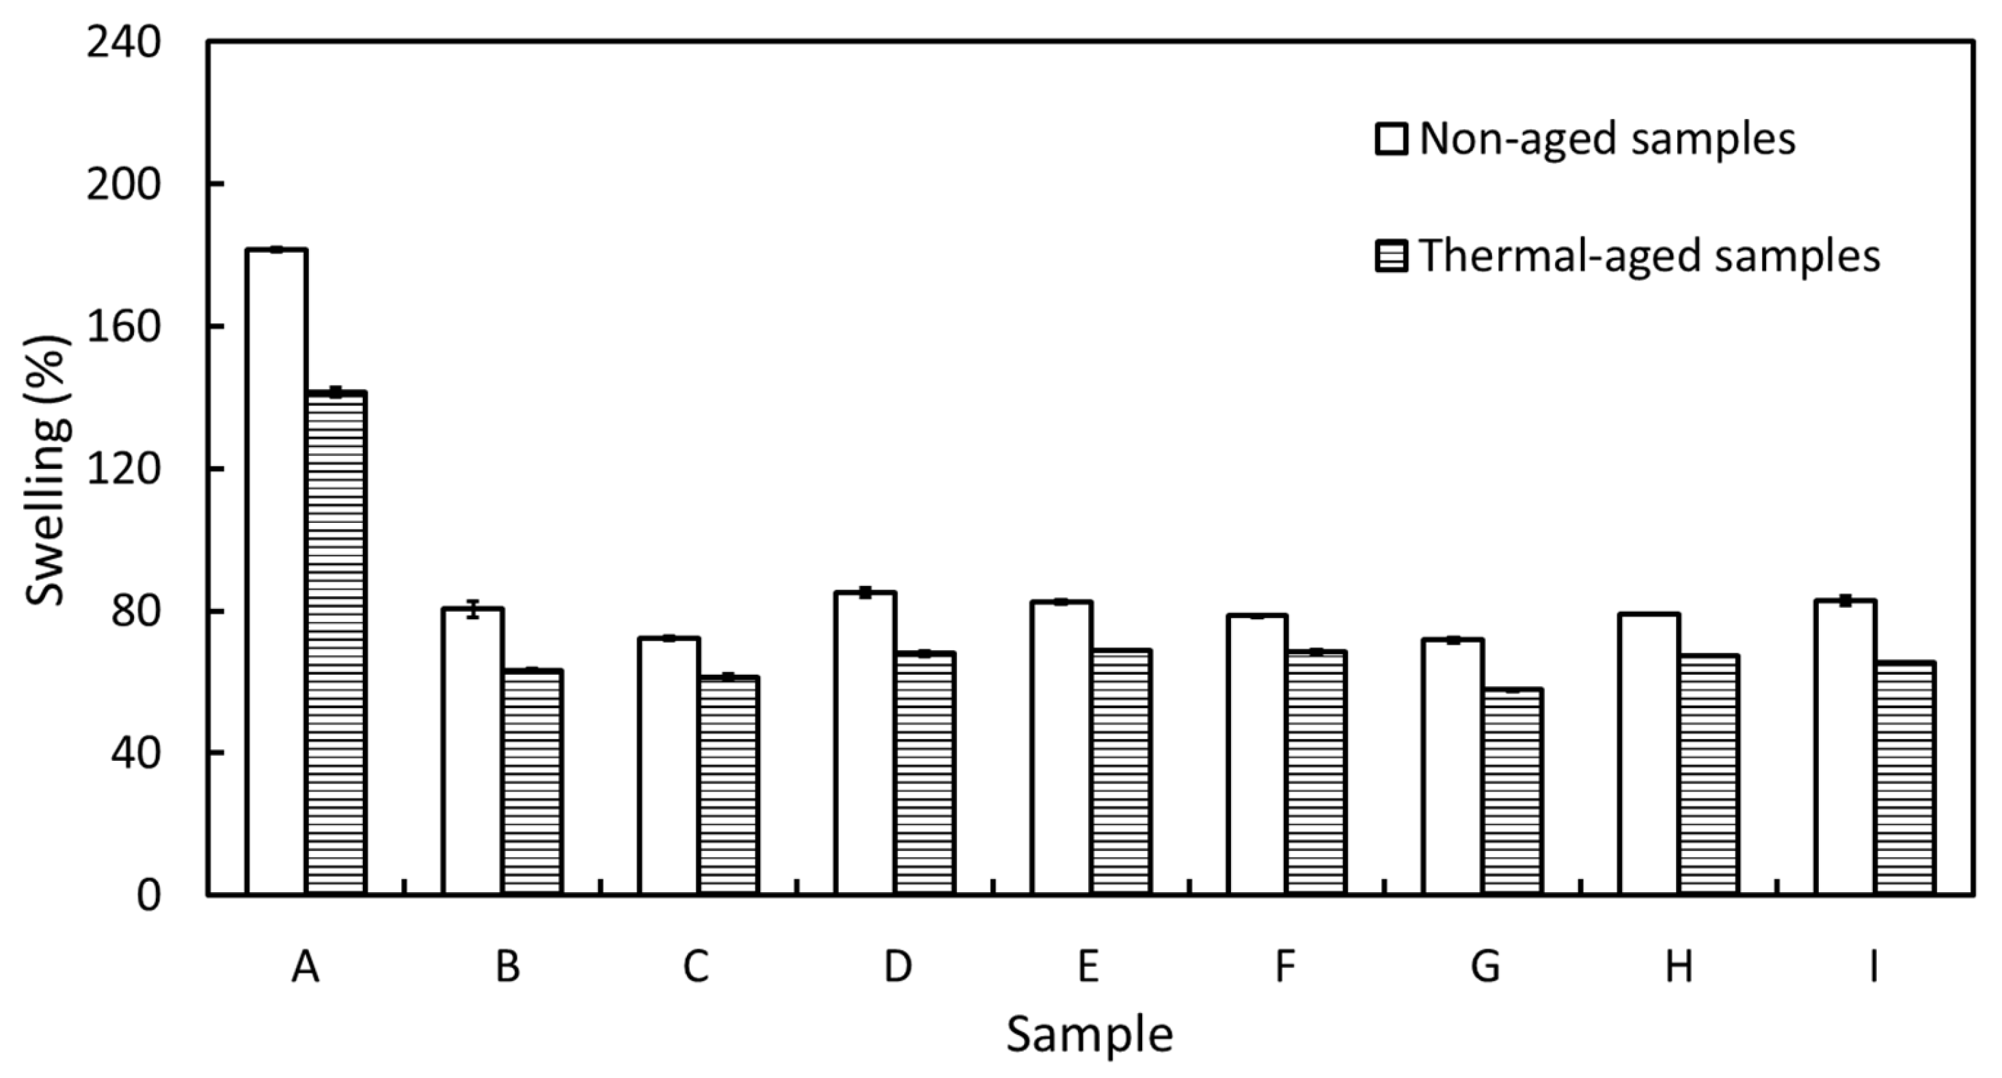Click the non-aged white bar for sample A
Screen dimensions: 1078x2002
pyautogui.click(x=277, y=571)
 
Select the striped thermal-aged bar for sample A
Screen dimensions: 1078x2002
pyautogui.click(x=336, y=643)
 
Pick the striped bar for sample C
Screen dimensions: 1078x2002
pyautogui.click(x=728, y=785)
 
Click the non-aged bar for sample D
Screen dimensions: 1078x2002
pyautogui.click(x=865, y=743)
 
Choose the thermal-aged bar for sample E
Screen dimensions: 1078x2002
pyautogui.click(x=1121, y=772)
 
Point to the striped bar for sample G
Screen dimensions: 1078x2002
pyautogui.click(x=1513, y=791)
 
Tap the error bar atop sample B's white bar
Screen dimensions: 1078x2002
pyautogui.click(x=472, y=608)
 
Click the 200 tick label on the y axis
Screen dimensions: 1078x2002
pyautogui.click(x=123, y=184)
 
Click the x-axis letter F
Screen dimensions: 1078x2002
pyautogui.click(x=1285, y=967)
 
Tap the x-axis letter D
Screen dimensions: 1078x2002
pyautogui.click(x=897, y=967)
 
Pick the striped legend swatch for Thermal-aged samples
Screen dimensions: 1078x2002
pyautogui.click(x=1390, y=256)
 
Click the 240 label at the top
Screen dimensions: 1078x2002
pyautogui.click(x=123, y=42)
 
